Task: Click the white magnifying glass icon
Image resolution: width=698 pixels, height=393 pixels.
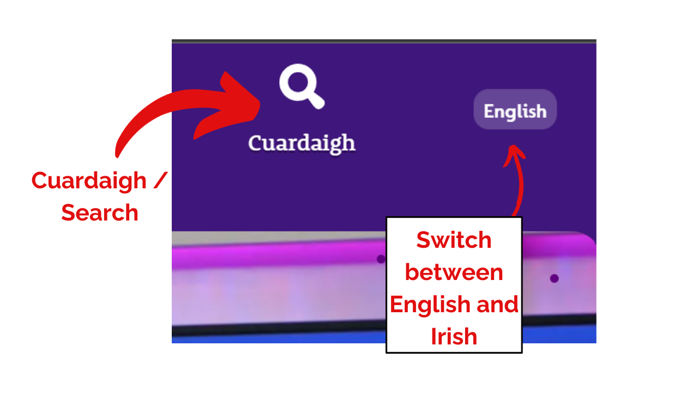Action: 300,86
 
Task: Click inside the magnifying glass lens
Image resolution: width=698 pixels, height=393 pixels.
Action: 298,82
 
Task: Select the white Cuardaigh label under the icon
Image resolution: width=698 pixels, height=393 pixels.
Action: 302,144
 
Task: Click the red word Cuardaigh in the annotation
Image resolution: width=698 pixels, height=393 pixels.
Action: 89,181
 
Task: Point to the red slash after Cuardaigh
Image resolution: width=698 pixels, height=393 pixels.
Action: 160,180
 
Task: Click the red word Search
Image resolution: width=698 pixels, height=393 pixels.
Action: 100,213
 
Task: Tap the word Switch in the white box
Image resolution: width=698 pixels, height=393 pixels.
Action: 454,240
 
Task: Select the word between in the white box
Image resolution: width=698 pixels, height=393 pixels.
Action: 454,272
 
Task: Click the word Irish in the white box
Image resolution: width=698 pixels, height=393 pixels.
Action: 454,337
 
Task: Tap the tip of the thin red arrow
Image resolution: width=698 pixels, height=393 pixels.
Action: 513,145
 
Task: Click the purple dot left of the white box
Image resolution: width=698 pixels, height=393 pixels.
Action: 381,259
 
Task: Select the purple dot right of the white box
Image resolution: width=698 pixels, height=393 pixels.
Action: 555,278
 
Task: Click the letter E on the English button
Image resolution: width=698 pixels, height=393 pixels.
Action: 489,111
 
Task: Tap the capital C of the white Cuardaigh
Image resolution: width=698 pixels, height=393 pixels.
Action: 255,144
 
